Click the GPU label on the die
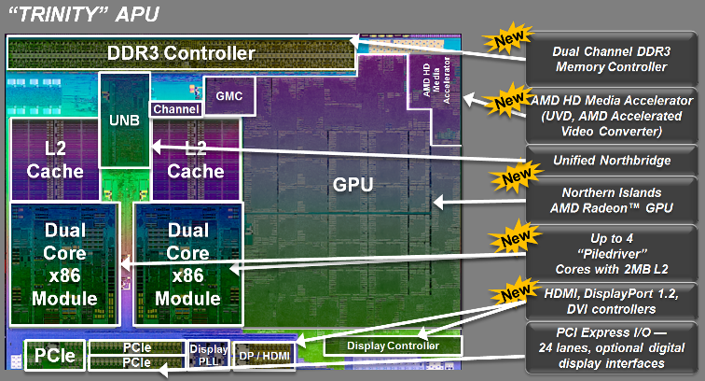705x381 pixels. [352, 184]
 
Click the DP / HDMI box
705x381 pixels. [263, 355]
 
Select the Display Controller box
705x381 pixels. [393, 346]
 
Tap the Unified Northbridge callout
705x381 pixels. [613, 161]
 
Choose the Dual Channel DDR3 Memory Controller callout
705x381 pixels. [613, 58]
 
